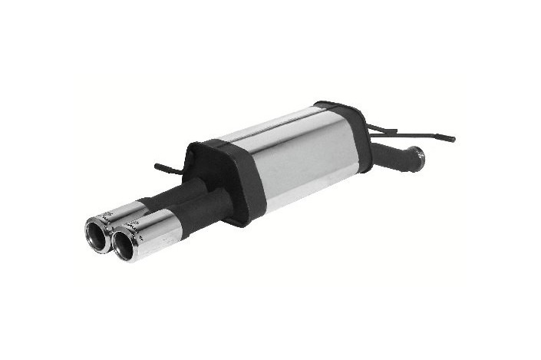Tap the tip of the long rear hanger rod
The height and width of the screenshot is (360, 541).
[x=453, y=140]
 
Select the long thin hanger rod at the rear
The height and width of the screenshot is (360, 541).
[x=414, y=134]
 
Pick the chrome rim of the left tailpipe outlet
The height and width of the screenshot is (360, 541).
[x=87, y=230]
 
